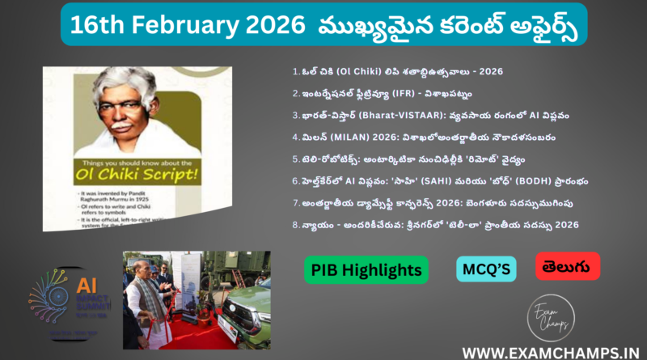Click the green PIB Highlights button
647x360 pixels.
[366, 269]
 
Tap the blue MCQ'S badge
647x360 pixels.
[486, 269]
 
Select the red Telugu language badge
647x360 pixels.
[567, 266]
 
